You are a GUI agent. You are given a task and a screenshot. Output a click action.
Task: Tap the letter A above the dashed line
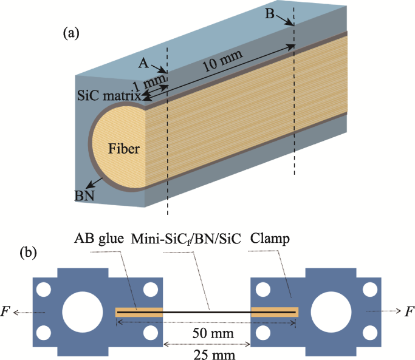click(143, 63)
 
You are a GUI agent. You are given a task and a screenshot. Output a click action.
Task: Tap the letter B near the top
click(270, 15)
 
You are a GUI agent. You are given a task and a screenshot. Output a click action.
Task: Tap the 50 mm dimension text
click(207, 334)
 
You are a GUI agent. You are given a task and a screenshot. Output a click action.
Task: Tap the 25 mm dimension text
click(207, 353)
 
